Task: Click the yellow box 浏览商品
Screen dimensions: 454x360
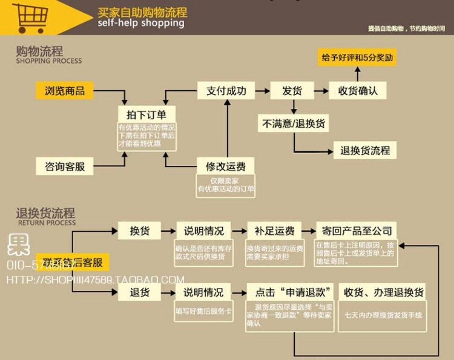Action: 65,91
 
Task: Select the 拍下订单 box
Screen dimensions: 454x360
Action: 146,115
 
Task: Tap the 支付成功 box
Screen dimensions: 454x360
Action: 226,91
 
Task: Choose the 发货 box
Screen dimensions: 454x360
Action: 292,91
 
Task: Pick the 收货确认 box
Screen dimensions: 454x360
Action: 357,91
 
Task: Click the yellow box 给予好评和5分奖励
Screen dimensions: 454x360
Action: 357,57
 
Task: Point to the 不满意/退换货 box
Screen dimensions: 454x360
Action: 294,124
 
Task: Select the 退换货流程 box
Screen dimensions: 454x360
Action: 365,150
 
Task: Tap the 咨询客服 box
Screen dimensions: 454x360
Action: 65,166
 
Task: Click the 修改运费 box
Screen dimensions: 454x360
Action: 226,166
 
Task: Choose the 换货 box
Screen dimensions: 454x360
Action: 139,231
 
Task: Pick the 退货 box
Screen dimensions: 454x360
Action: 139,292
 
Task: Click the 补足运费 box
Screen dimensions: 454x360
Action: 275,231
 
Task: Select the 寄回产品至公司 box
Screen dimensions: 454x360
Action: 357,231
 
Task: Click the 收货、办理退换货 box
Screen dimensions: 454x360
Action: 383,292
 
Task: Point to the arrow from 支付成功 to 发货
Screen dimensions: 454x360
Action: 263,91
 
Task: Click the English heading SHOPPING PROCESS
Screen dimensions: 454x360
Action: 49,61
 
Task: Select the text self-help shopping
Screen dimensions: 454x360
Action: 141,23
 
